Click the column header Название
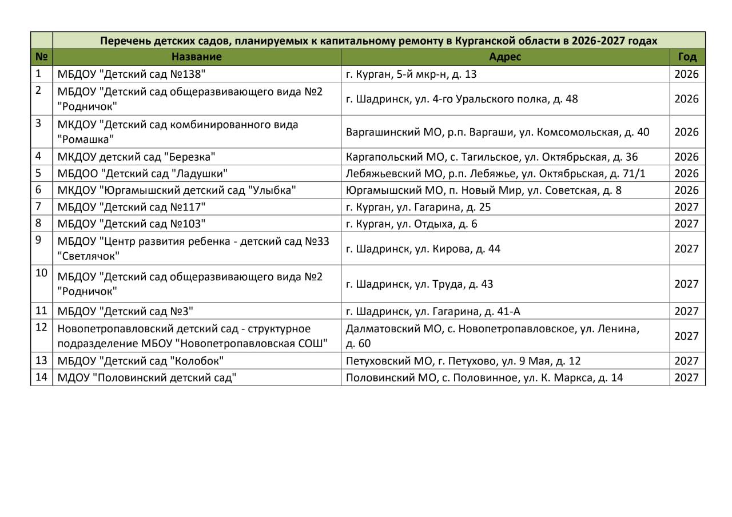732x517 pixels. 196,57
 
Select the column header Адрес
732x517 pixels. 505,57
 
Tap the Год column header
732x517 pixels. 687,57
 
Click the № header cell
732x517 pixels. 41,57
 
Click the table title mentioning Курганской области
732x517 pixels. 379,41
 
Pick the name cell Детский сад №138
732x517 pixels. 131,74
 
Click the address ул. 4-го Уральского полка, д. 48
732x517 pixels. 462,99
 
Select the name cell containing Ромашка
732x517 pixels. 177,132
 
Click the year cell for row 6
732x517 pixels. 687,190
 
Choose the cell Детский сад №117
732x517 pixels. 131,207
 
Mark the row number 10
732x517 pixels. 41,273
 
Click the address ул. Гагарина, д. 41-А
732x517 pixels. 433,311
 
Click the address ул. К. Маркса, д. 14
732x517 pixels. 484,377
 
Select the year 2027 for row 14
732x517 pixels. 687,377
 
